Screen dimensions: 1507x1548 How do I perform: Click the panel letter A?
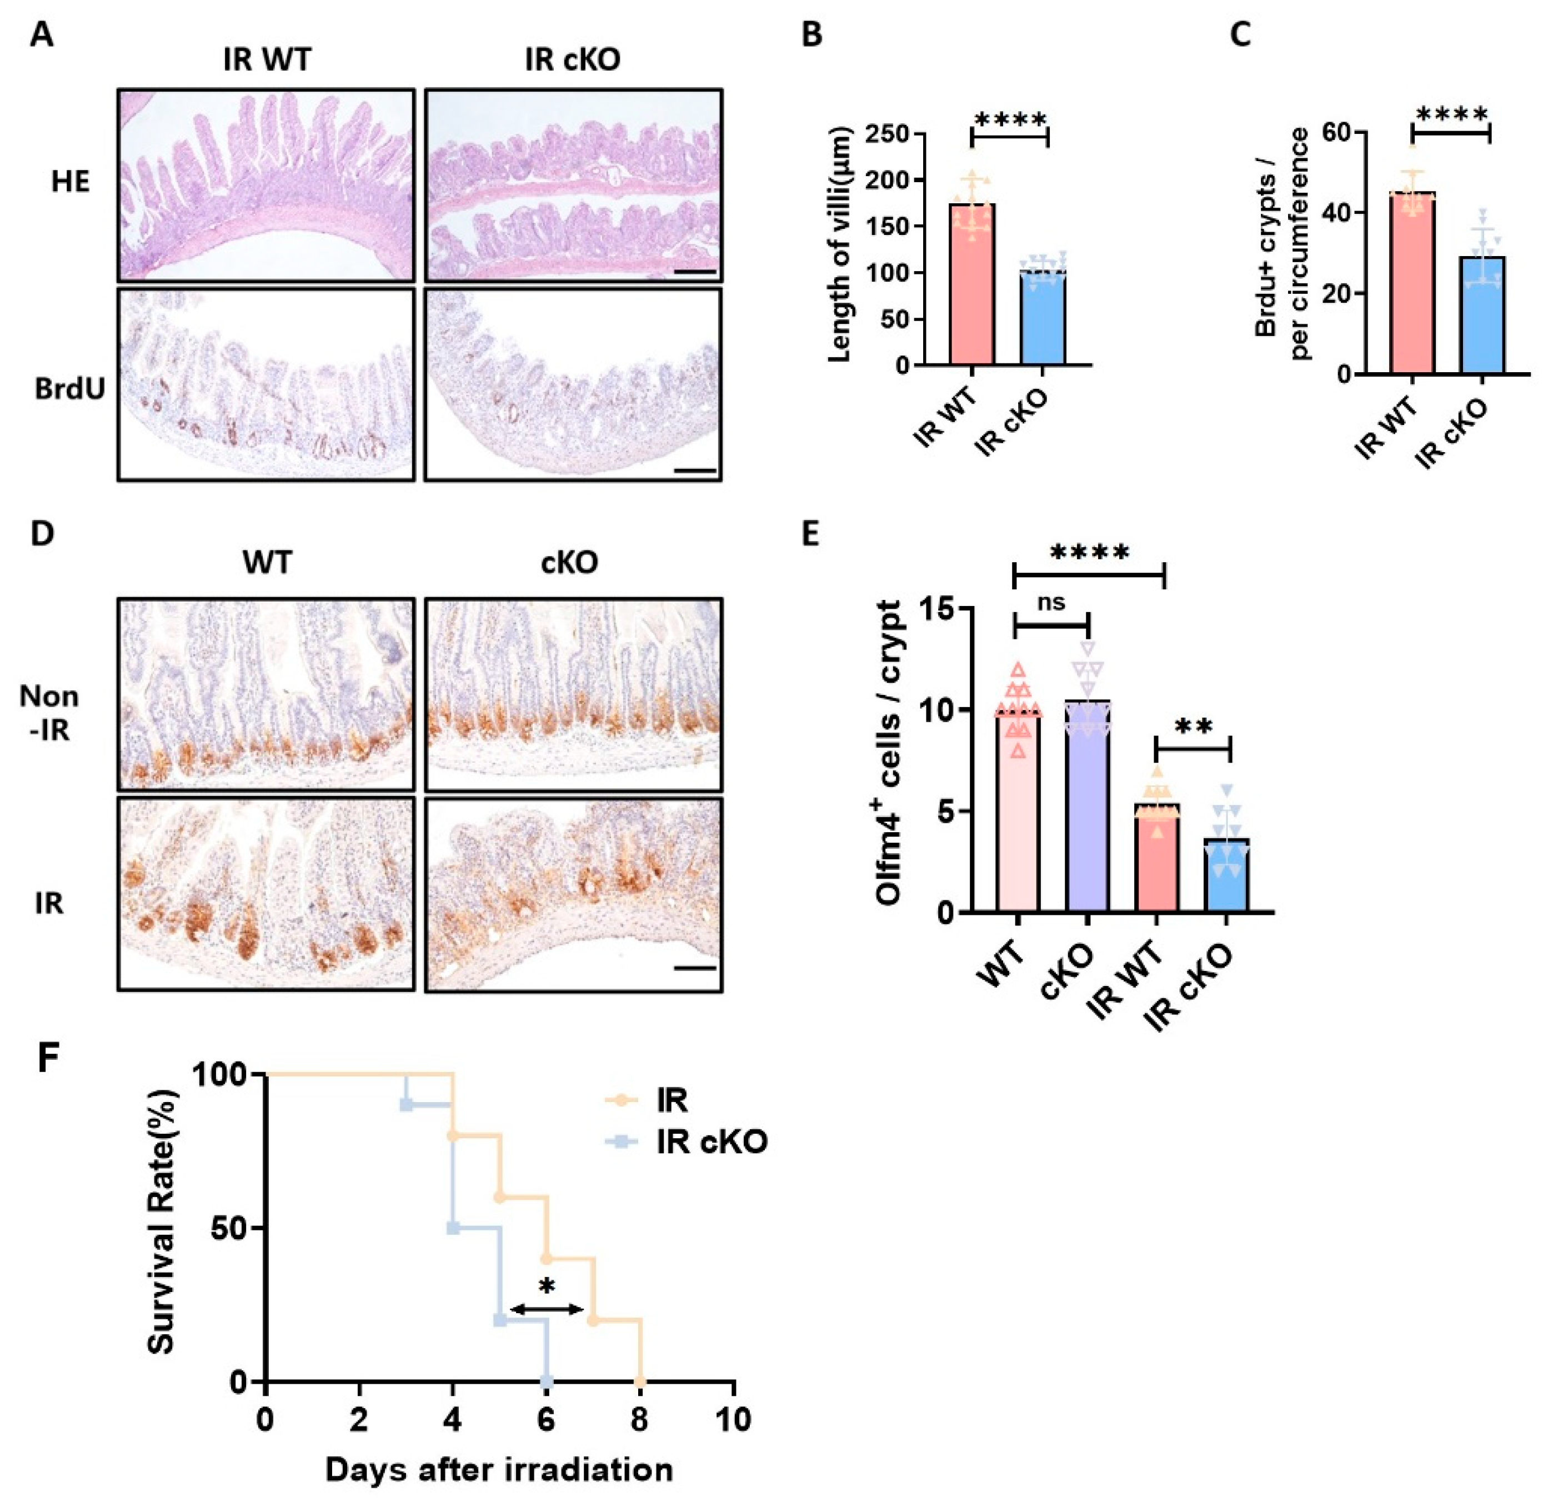(x=41, y=35)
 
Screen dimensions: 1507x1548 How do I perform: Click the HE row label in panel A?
(x=71, y=182)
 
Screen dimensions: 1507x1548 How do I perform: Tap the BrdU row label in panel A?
(x=69, y=389)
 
